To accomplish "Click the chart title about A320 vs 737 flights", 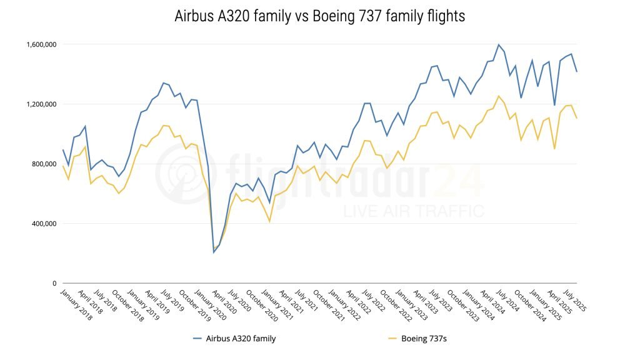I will pos(319,17).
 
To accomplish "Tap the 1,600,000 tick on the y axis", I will pos(42,44).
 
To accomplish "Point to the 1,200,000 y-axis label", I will pos(42,104).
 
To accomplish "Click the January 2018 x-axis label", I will pos(77,304).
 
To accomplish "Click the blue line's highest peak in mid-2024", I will pos(498,45).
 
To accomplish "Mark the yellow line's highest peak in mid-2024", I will pos(498,96).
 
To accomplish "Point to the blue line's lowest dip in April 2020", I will pos(214,252).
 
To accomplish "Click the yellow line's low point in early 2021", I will pos(269,222).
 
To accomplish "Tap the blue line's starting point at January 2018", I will pos(63,150).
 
